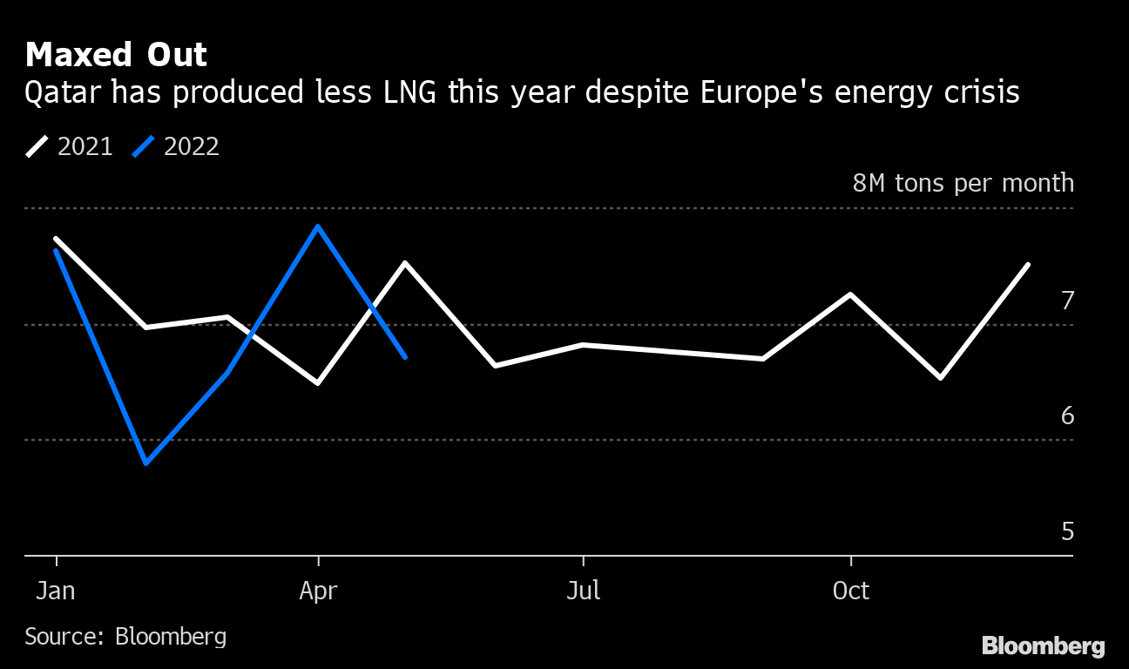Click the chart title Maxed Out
pos(116,55)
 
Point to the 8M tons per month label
pos(963,183)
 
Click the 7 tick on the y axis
pos(1067,301)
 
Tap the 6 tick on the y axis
pos(1067,416)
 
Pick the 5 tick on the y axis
pos(1067,531)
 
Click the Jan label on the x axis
pos(55,591)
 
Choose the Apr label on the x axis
pos(318,591)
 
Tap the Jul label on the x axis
pos(583,591)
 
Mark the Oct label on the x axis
pos(850,591)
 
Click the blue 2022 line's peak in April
pos(318,226)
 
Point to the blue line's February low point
pos(145,463)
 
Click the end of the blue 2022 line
pos(405,356)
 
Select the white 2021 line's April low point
pos(318,382)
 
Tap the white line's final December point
pos(1028,265)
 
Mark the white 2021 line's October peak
pos(850,294)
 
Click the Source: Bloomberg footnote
pos(125,637)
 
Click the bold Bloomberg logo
pos(1043,646)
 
